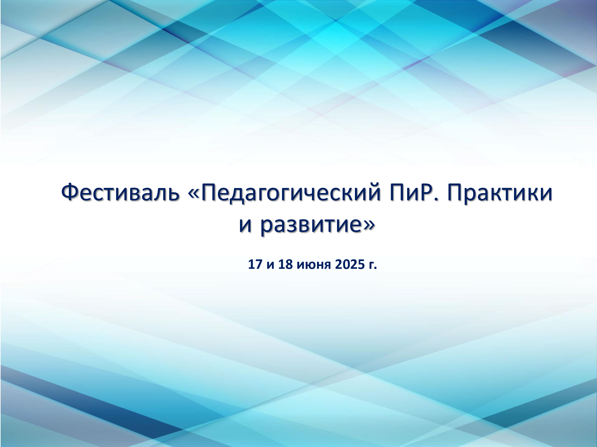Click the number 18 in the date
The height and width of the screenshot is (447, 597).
point(285,264)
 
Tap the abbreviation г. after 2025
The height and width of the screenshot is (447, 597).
point(372,265)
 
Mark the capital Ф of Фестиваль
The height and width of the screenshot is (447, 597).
point(70,193)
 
